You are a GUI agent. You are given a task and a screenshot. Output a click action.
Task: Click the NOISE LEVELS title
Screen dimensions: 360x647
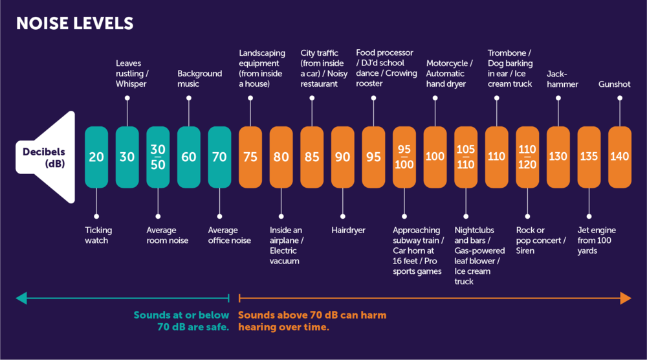[x=74, y=23]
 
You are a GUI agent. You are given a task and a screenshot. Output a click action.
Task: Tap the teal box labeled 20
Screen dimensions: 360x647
[x=96, y=157]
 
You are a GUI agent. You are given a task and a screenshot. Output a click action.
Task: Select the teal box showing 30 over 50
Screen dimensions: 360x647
[x=158, y=157]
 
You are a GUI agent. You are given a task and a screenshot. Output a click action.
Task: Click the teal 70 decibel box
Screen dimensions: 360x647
[x=219, y=157]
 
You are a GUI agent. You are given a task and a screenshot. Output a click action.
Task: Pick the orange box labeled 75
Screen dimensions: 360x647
[x=250, y=157]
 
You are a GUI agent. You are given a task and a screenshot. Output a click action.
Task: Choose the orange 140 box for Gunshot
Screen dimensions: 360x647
[x=619, y=157]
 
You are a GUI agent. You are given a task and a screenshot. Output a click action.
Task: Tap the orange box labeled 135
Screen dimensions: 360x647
[x=589, y=157]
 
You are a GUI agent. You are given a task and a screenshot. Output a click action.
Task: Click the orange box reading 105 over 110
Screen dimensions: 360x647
[x=466, y=157]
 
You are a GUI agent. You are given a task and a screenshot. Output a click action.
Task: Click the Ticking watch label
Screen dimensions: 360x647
[x=98, y=236]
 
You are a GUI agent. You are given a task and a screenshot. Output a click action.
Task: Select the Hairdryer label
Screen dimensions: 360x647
[x=349, y=231]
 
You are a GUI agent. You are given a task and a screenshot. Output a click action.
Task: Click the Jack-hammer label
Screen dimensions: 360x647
[x=562, y=79]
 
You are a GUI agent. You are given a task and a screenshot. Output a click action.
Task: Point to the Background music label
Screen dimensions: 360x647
[x=199, y=79]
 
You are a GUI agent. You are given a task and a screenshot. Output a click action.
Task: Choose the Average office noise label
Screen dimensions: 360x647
[x=229, y=236]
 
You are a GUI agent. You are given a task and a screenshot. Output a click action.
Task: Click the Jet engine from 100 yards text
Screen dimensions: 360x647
[x=597, y=240]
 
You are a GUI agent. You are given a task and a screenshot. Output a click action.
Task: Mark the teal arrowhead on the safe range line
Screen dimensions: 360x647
[x=22, y=298]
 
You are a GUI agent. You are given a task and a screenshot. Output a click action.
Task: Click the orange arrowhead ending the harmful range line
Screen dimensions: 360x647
[x=625, y=298]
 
